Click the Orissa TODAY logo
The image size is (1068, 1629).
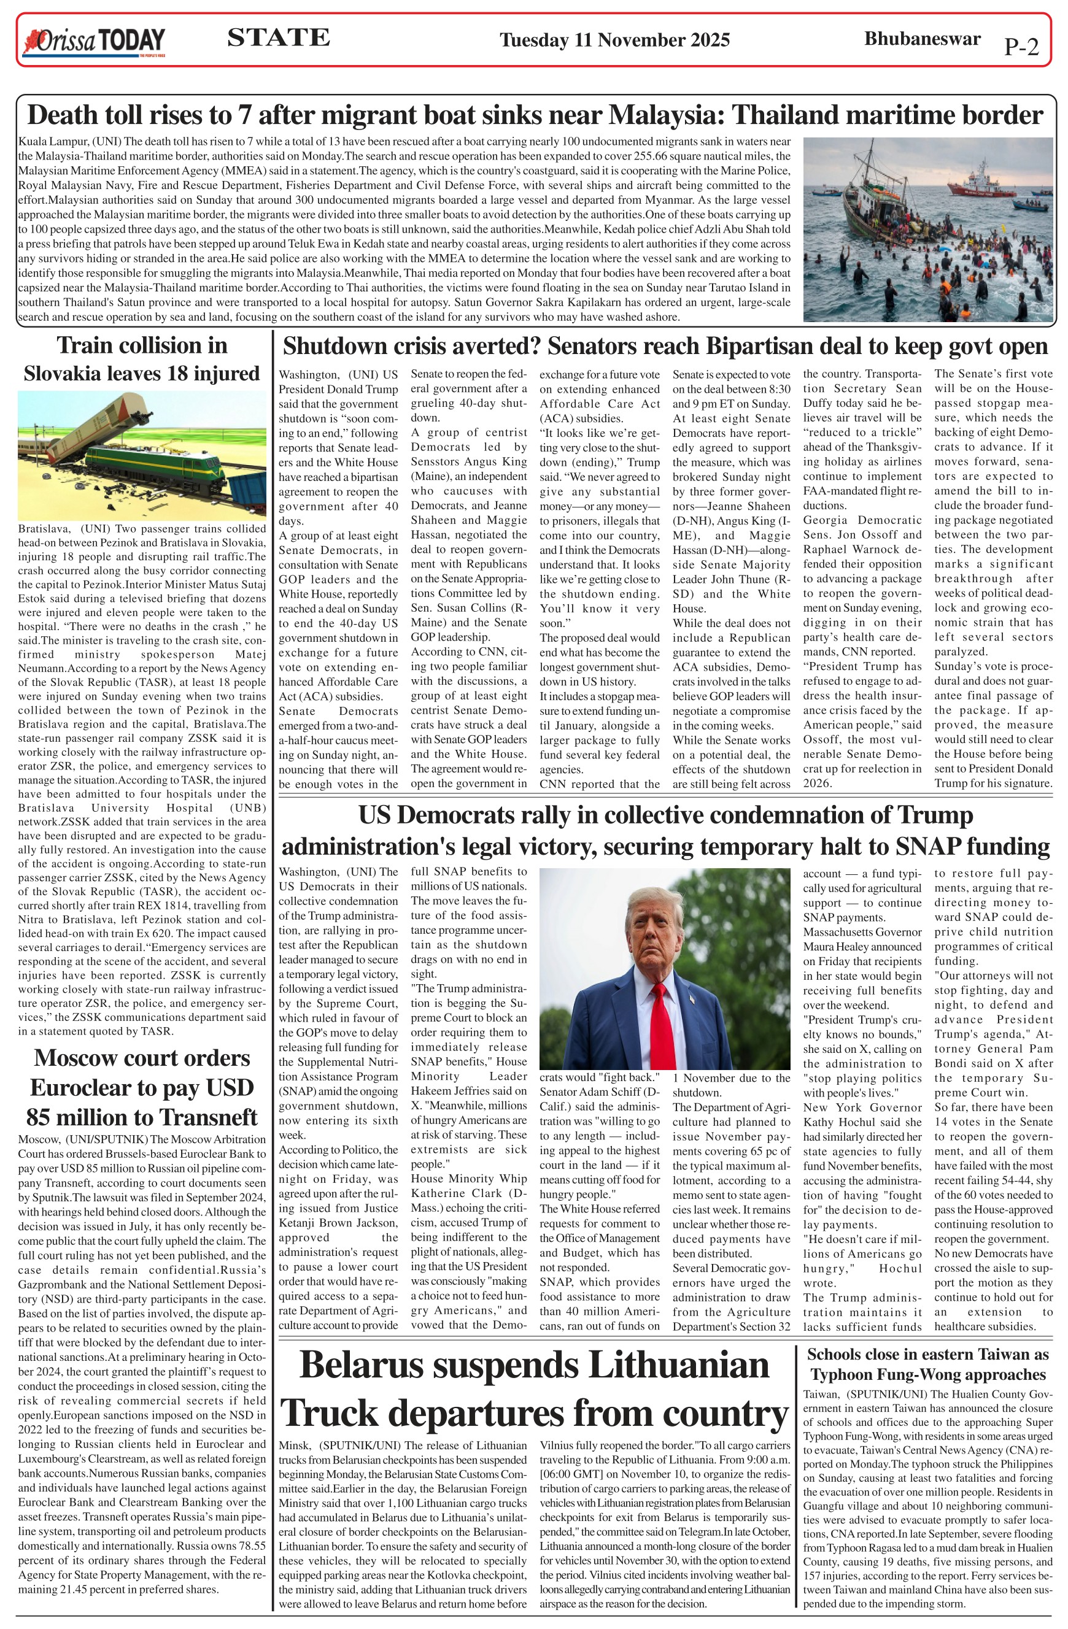(95, 41)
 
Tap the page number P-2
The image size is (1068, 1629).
(1021, 46)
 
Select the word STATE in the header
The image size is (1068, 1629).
(278, 37)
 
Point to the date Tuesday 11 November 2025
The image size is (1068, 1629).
(614, 40)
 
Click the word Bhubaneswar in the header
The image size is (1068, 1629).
(921, 38)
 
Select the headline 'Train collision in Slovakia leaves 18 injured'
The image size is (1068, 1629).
(142, 360)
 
